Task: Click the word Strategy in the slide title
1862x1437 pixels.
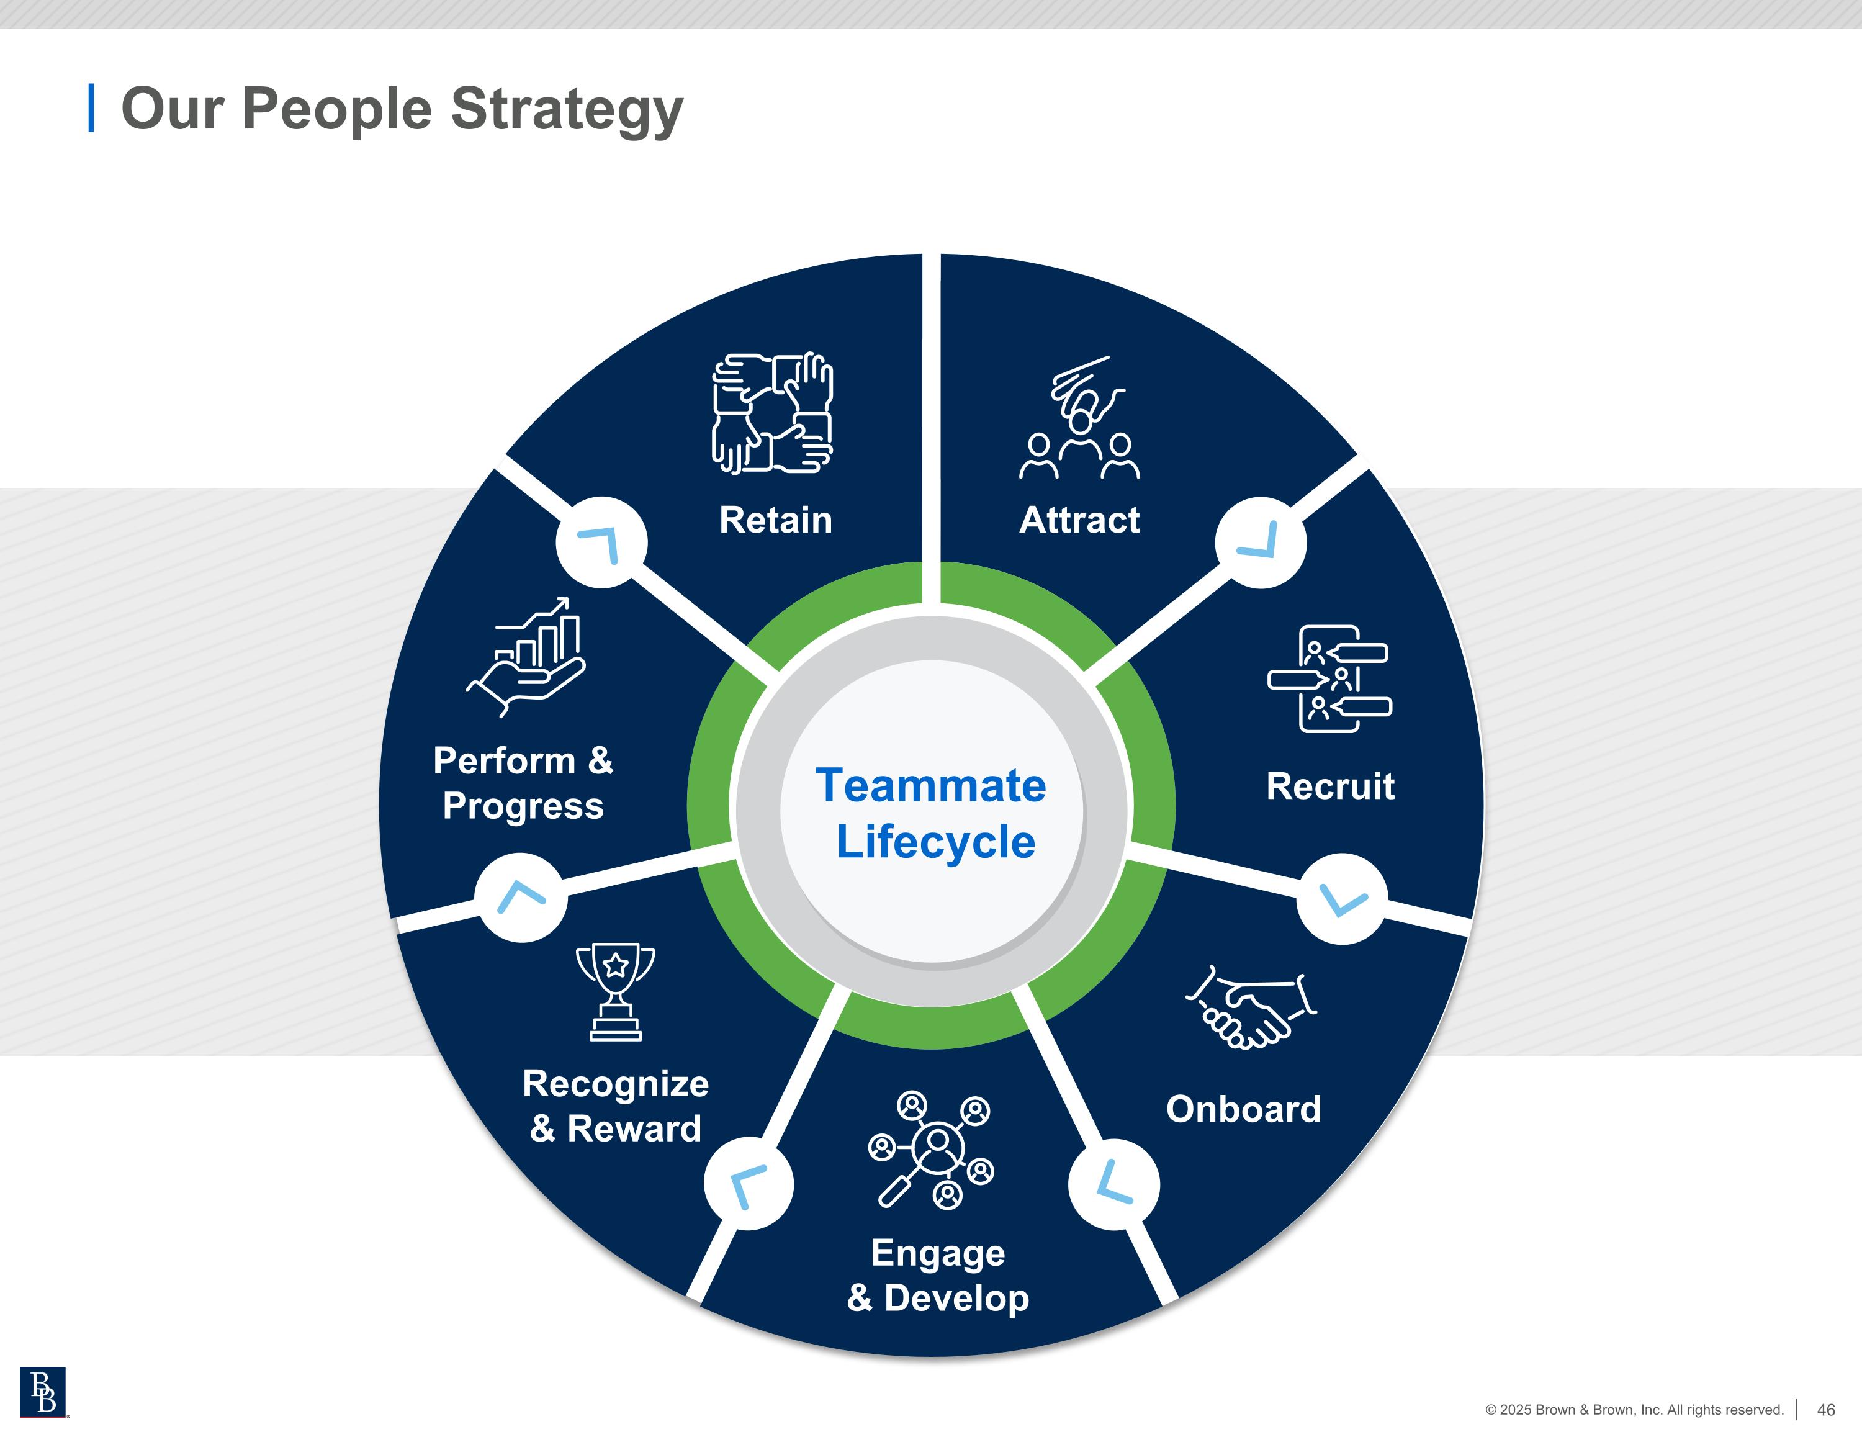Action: click(566, 109)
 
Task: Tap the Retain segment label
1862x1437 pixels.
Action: click(775, 520)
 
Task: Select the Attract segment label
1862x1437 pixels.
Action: click(1079, 520)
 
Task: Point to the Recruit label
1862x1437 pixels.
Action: click(1330, 786)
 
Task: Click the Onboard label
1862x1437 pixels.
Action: click(1243, 1109)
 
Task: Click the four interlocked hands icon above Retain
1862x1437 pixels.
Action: click(773, 413)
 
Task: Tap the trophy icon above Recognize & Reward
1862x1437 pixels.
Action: click(616, 992)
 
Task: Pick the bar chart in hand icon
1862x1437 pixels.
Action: click(527, 656)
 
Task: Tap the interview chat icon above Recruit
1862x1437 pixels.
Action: click(1329, 679)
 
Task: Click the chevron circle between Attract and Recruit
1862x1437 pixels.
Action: click(1260, 543)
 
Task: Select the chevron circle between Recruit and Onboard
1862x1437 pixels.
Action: click(1342, 899)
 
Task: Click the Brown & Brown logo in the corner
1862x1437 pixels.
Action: click(43, 1392)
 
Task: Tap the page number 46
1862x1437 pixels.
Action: click(1825, 1410)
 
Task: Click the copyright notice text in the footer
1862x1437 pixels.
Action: click(1634, 1410)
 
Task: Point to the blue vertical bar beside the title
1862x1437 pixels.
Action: click(91, 108)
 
